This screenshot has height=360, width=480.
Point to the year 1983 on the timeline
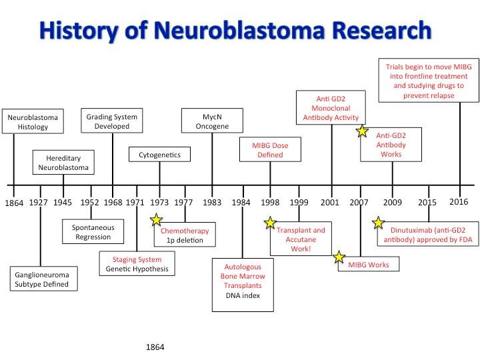212,202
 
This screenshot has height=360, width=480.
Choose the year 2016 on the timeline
459,201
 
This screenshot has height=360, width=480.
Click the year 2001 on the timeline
331,202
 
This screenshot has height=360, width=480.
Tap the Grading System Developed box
112,122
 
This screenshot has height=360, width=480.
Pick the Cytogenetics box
159,155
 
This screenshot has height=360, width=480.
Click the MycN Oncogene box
212,122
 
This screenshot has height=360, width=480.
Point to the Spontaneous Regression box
93,233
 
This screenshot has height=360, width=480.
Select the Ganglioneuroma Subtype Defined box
41,279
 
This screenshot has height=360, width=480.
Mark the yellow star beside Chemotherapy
156,219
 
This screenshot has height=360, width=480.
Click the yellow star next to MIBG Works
339,256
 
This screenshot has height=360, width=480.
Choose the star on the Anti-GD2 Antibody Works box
362,131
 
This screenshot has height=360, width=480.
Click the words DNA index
242,295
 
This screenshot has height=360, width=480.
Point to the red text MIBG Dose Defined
270,150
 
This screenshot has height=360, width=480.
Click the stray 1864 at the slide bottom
155,347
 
